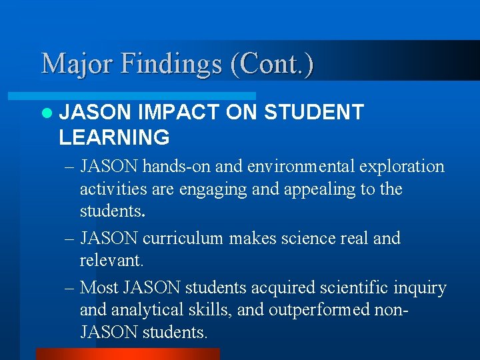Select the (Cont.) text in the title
(271, 65)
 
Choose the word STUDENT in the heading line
(313, 112)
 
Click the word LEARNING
(114, 137)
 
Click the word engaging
(216, 189)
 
